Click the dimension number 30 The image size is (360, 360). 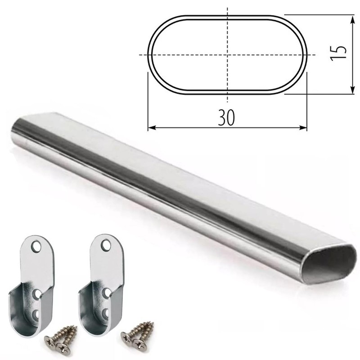[x=228, y=118]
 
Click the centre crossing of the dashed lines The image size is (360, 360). [x=228, y=55]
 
